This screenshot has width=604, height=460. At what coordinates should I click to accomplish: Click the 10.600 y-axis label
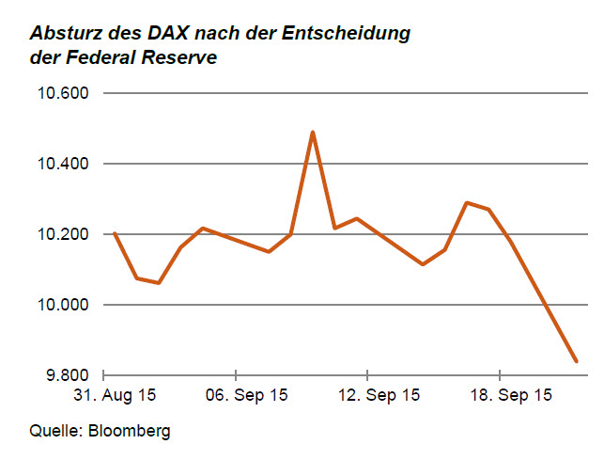point(61,93)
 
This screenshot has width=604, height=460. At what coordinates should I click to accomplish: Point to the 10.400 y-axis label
point(61,164)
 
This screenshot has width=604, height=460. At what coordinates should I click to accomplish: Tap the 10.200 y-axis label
point(61,234)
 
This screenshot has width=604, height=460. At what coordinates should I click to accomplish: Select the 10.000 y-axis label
point(61,305)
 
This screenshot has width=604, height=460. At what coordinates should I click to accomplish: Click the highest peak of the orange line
point(312,133)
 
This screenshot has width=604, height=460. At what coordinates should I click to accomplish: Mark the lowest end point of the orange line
point(576,361)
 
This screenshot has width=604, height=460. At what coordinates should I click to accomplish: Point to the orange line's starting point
point(114,232)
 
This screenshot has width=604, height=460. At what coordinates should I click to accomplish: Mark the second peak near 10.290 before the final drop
point(467,202)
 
